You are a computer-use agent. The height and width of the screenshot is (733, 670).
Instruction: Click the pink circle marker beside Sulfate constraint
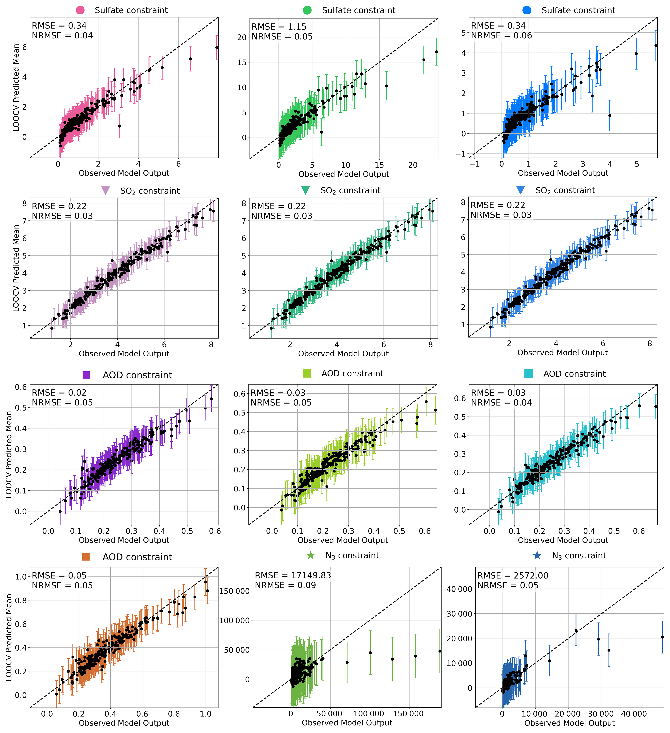pos(80,10)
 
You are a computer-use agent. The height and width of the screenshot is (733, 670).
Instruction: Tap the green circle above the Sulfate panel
pos(307,10)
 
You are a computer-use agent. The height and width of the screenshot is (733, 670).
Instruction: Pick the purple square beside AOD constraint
pos(86,375)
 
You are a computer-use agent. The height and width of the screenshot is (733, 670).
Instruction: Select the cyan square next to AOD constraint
pos(529,374)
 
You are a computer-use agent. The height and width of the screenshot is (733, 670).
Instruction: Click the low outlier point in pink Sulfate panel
pos(120,126)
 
